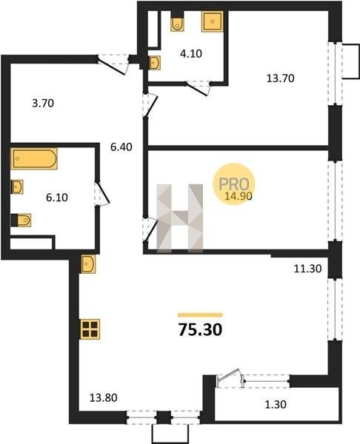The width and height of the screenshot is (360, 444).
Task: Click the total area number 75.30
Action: click(200, 330)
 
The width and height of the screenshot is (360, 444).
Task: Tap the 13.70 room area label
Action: click(280, 78)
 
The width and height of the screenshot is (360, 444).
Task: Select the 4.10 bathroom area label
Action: click(191, 53)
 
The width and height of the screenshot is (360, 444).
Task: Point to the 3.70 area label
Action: click(43, 104)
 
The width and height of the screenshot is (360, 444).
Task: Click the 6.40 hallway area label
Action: click(121, 147)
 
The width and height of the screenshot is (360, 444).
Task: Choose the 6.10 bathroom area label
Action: click(57, 198)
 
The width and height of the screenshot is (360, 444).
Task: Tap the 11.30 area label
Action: click(307, 269)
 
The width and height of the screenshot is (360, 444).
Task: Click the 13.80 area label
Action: click(104, 398)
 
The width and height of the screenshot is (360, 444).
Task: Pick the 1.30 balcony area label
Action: click(276, 405)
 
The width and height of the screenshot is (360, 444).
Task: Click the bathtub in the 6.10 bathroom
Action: click(34, 158)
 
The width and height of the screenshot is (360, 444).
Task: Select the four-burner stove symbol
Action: click(90, 329)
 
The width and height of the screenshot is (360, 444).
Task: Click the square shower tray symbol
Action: click(213, 21)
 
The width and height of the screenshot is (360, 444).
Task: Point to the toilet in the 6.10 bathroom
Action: click(21, 221)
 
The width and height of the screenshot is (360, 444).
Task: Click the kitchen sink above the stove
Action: click(88, 264)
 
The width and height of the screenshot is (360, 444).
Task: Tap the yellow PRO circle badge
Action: click(234, 184)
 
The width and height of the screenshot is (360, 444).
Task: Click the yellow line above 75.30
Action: click(200, 315)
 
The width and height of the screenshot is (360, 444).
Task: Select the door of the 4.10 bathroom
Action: click(198, 89)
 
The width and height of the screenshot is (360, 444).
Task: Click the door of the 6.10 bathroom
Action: click(101, 193)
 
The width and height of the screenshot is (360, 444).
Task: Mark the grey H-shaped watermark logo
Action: click(180, 218)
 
